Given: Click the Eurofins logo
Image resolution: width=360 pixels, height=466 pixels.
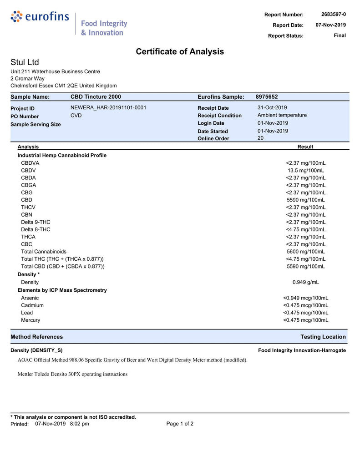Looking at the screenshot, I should (x=40, y=17).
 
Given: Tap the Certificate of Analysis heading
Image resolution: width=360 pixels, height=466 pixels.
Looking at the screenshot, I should (x=180, y=52).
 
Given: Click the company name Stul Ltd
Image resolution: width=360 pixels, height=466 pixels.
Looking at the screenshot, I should (x=25, y=62).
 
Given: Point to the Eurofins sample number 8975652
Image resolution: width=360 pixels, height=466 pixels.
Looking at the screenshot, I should (x=267, y=97).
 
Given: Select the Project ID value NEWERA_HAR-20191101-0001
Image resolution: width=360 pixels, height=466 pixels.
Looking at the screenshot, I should (x=108, y=108).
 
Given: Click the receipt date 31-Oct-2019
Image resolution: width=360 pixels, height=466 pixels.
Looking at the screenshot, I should (x=272, y=108).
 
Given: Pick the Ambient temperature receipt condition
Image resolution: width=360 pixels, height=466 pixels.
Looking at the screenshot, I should (x=282, y=116).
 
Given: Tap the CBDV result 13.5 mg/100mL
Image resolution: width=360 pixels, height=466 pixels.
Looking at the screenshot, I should (x=305, y=171).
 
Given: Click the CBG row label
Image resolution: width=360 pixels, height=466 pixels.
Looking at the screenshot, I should (x=27, y=192).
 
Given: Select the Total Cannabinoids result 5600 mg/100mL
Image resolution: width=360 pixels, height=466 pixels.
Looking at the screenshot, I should (x=305, y=252).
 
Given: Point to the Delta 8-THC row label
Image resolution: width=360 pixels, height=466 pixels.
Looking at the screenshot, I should (x=35, y=229).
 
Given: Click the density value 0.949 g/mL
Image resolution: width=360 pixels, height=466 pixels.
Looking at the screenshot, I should (x=305, y=282).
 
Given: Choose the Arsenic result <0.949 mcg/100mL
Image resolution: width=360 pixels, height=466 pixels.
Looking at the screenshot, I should (x=305, y=298).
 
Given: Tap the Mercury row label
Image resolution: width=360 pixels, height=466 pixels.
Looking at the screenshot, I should (x=30, y=320).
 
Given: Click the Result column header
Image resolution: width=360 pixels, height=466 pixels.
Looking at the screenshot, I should (x=305, y=147).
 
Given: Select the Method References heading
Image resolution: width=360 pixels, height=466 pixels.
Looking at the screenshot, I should (x=36, y=337).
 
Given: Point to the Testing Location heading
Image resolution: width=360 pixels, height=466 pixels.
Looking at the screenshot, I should (x=323, y=337).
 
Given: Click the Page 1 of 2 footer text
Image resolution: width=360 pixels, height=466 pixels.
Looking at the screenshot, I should (x=180, y=424).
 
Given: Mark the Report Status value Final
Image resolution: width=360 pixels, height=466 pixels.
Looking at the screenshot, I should (x=340, y=35).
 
